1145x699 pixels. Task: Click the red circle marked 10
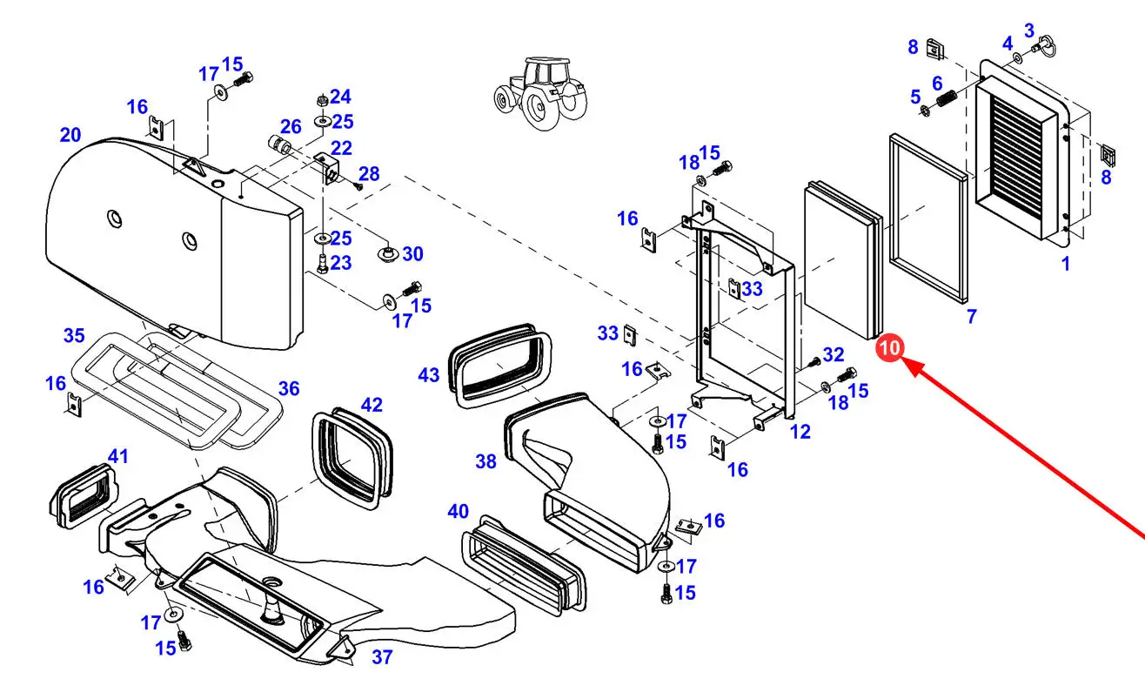889,347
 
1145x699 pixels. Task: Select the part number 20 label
70,135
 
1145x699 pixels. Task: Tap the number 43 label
429,375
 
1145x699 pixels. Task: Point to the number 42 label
372,405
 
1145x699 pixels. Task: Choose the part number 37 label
382,658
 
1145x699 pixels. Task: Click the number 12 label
800,431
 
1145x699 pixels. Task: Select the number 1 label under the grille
1066,263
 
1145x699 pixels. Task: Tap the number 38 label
485,461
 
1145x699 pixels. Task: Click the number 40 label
459,511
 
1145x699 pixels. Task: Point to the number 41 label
117,456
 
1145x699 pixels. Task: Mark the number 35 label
74,335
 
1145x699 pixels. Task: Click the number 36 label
289,388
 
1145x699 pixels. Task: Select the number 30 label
412,253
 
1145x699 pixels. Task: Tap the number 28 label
369,174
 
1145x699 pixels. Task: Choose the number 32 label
834,354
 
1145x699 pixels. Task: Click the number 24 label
340,97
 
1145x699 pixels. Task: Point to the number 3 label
1029,31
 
